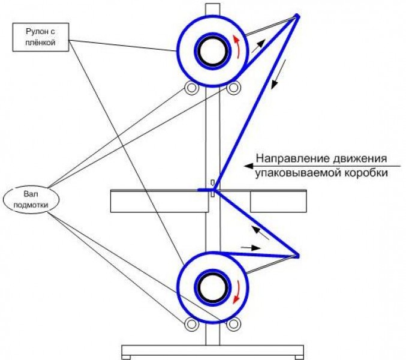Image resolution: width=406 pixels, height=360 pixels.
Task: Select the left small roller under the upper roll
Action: [191, 88]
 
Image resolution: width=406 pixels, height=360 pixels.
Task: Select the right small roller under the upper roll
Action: [233, 88]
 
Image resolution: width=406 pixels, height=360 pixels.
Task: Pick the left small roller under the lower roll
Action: [191, 325]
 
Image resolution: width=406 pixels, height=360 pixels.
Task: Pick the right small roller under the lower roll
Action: [233, 325]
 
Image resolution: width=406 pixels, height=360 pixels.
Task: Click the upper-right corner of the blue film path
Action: [297, 14]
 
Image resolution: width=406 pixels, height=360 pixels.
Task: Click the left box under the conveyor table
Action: [160, 202]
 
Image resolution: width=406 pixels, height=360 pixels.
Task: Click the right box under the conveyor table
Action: [278, 202]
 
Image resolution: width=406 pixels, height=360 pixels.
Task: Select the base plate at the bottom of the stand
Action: [210, 350]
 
